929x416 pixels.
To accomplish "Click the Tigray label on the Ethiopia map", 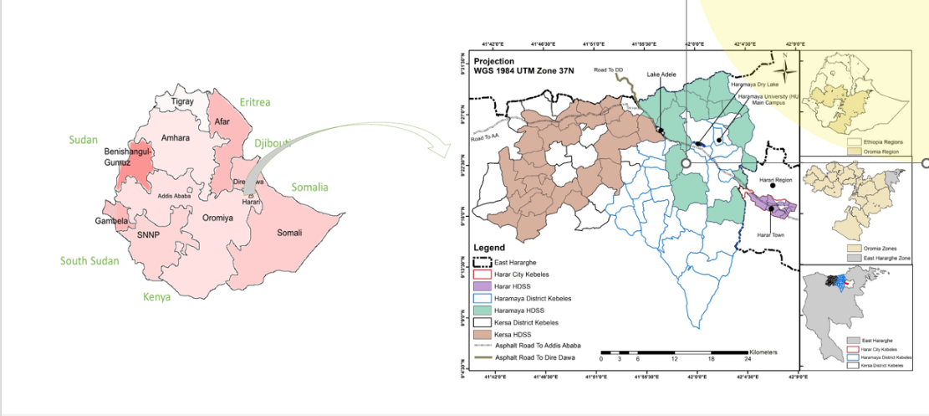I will point(182,101).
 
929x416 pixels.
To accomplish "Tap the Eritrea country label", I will point(255,102).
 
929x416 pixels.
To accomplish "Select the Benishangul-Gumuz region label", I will point(129,157).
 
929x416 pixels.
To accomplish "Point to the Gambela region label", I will point(110,221).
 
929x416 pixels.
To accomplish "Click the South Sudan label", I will point(89,261).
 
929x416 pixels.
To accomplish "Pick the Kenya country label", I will point(156,297).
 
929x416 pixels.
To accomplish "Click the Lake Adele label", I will point(661,74).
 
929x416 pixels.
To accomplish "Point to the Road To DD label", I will point(608,69).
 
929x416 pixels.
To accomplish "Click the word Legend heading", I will point(489,249).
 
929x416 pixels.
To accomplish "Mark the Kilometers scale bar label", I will point(763,352).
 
